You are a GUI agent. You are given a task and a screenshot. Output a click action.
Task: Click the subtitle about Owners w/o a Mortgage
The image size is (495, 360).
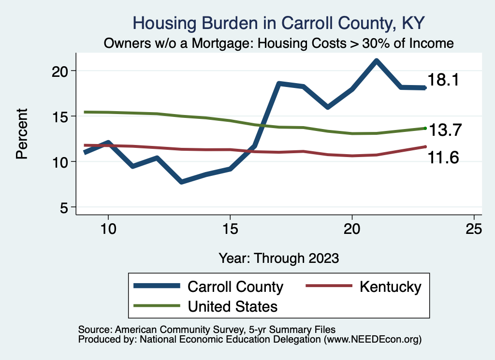[279, 43]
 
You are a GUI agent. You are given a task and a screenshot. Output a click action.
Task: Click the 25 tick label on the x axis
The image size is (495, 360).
[474, 229]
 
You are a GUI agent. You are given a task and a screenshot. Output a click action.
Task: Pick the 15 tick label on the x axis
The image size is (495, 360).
[230, 229]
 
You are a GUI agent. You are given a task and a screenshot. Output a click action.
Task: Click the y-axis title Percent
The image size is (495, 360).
[22, 134]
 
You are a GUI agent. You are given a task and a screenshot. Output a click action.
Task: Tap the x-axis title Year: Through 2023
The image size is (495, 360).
[278, 258]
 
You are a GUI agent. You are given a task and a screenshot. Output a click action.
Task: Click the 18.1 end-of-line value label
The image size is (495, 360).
[443, 80]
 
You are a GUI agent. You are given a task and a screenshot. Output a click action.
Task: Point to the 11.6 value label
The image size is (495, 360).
[443, 158]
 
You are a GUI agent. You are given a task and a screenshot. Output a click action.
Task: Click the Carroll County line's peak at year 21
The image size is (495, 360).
[376, 61]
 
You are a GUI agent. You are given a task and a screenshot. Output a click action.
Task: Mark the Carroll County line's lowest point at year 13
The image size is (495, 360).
[181, 182]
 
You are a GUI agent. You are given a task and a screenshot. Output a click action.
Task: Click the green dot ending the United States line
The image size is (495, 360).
[425, 128]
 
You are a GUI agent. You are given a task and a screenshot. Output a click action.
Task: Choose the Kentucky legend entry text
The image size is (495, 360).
[390, 287]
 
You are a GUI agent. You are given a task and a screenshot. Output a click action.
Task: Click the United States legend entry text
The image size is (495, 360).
[232, 306]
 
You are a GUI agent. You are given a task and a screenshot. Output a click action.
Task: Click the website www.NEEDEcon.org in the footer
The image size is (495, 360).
[372, 340]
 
